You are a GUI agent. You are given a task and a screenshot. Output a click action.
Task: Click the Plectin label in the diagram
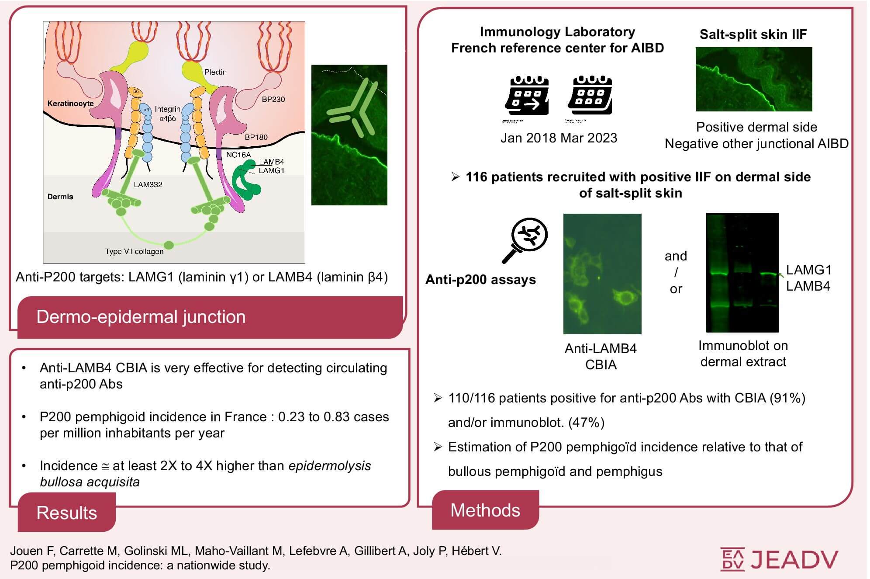pyautogui.click(x=215, y=72)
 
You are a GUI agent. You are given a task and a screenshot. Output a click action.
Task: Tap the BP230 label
pyautogui.click(x=273, y=99)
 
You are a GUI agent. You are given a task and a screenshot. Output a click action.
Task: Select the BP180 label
pyautogui.click(x=256, y=137)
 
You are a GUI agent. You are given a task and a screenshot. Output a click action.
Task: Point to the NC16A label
pyautogui.click(x=238, y=155)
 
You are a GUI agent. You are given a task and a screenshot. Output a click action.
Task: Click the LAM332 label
pyautogui.click(x=148, y=184)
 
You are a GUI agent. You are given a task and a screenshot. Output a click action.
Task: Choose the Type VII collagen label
pyautogui.click(x=134, y=251)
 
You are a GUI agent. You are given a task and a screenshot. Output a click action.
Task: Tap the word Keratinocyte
pyautogui.click(x=70, y=104)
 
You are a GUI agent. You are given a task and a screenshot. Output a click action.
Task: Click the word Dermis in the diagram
pyautogui.click(x=60, y=197)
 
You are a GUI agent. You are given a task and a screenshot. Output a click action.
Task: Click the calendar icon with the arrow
pyautogui.click(x=527, y=96)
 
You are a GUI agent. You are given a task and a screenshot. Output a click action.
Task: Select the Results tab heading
pyautogui.click(x=66, y=513)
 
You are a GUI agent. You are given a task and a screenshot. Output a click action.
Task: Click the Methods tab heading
pyautogui.click(x=485, y=510)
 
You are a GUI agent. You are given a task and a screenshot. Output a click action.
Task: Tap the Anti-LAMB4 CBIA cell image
pyautogui.click(x=602, y=274)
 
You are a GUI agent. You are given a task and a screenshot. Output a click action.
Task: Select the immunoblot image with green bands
pyautogui.click(x=742, y=273)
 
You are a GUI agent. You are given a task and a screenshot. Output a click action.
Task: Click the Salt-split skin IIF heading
pyautogui.click(x=753, y=35)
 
